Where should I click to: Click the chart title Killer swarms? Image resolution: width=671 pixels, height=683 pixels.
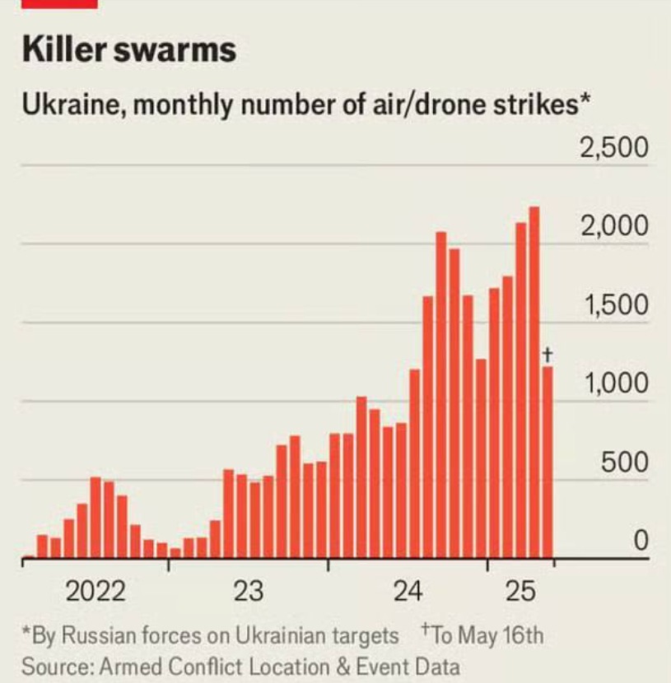coord(129,50)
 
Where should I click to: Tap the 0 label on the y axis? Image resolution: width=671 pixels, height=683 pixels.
coord(640,541)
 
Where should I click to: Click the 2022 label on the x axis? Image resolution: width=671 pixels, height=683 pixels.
coord(96,592)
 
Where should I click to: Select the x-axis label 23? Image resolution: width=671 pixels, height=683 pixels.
coord(248,592)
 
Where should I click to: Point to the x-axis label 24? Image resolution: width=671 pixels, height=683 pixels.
coord(408,592)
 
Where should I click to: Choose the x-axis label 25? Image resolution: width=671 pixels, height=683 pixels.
coord(520,592)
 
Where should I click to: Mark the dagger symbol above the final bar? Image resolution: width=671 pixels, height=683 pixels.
coord(548,355)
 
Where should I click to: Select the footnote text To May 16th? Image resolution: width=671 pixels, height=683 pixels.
coord(487,636)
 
